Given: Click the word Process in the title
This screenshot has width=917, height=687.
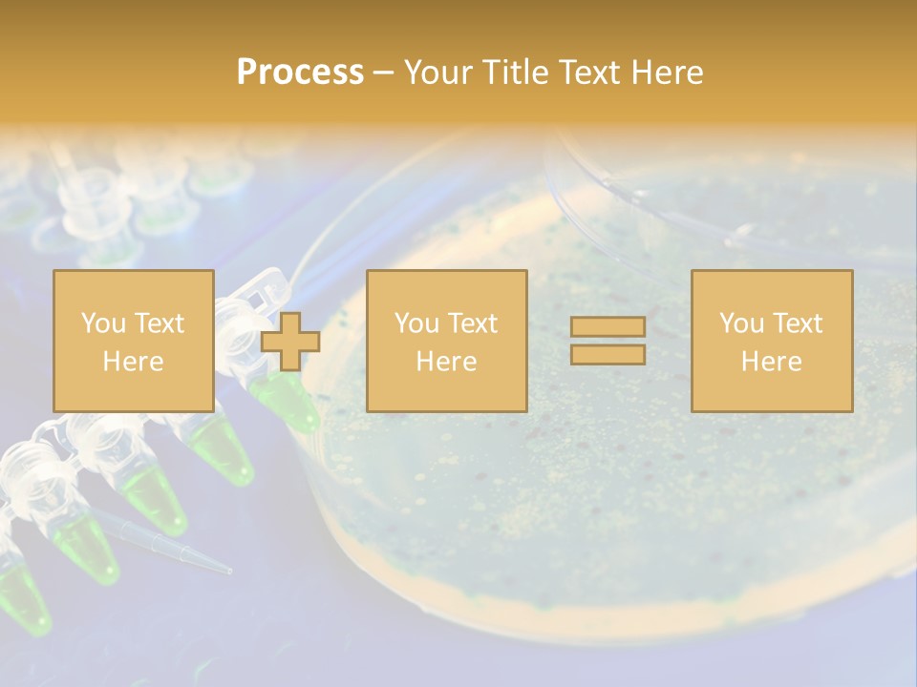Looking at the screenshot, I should [300, 73].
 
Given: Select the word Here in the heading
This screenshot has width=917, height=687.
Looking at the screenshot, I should [666, 73].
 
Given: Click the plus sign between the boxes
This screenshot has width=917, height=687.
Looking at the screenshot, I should [290, 342].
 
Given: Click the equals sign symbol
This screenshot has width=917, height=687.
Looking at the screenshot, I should [608, 341].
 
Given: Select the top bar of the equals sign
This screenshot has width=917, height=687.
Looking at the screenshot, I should [608, 327].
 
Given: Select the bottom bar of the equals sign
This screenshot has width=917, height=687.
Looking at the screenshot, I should [608, 354].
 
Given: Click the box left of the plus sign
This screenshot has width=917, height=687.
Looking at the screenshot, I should [133, 341].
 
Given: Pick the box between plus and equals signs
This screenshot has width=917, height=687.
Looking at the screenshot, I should [446, 341].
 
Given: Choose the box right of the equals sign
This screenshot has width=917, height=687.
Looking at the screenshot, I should [771, 341].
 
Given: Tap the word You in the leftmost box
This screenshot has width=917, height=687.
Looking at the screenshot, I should [102, 323].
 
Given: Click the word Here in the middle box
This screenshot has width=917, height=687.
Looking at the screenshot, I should [446, 362].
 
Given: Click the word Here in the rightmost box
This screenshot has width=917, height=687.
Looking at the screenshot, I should [771, 362].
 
